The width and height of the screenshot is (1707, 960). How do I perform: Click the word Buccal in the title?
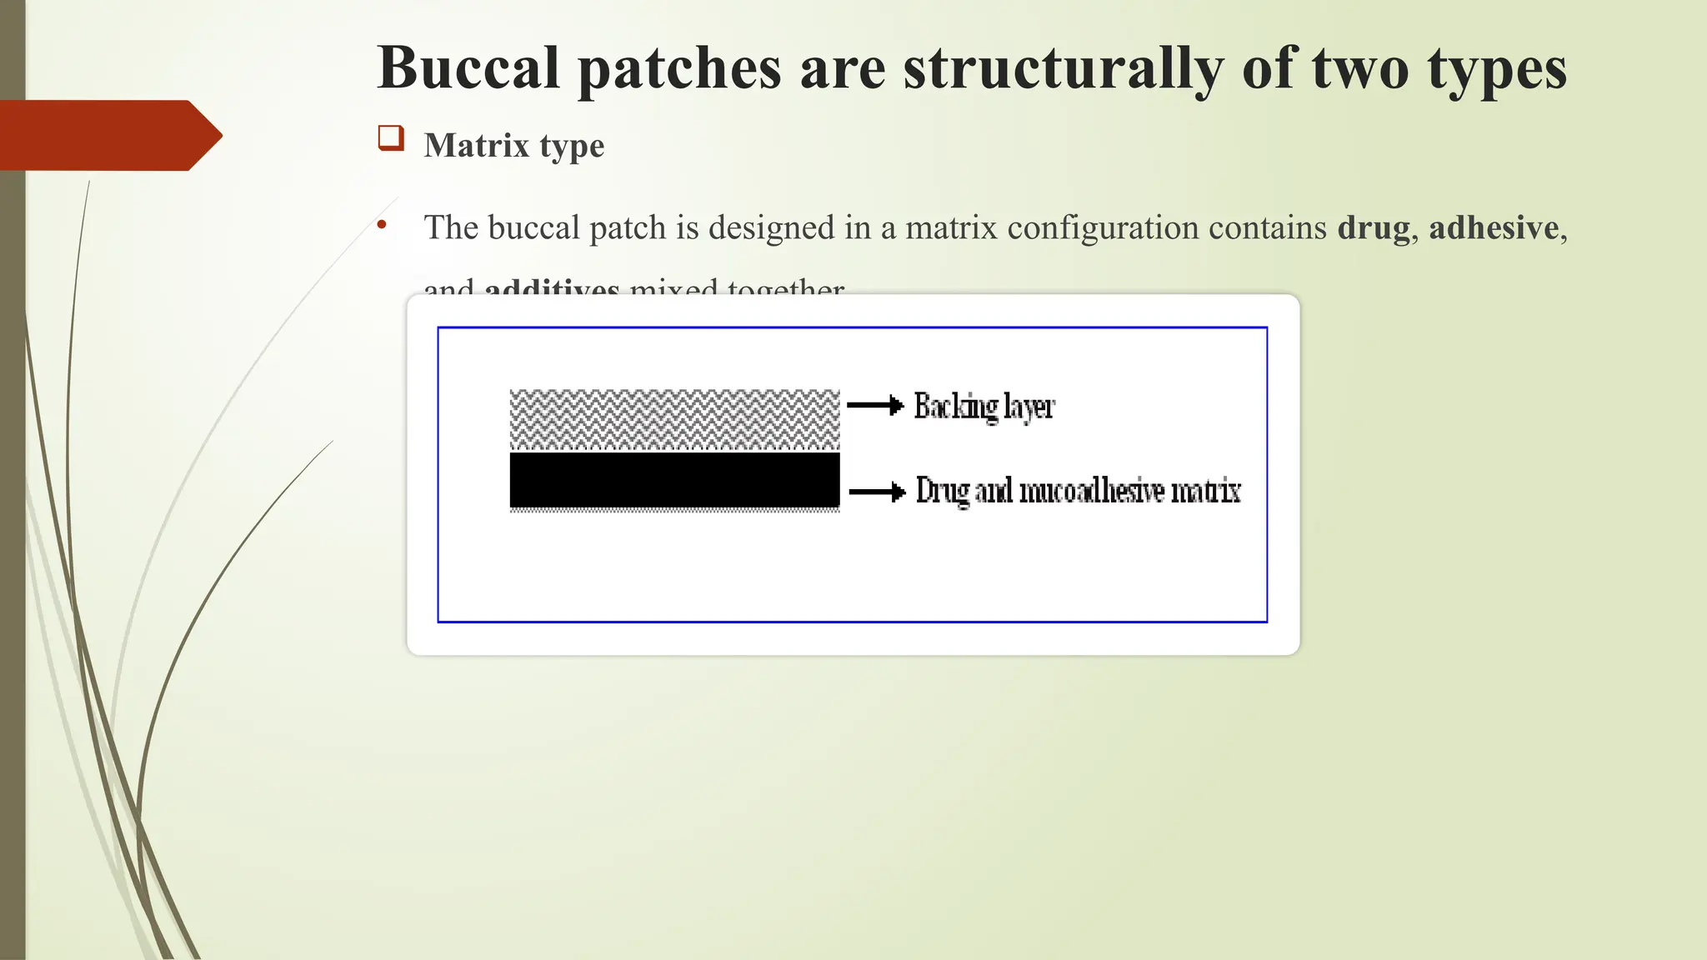pos(468,68)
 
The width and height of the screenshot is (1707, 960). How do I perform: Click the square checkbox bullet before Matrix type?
pos(390,138)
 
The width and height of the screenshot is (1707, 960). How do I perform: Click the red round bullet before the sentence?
pos(382,224)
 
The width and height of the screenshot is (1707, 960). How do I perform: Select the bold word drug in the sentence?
pos(1374,228)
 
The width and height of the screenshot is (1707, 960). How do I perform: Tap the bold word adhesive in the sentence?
pos(1494,228)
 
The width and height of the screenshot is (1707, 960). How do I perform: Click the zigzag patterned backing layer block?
pos(674,419)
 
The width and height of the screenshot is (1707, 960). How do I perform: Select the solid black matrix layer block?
pos(674,480)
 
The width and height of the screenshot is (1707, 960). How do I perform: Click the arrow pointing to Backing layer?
pos(875,406)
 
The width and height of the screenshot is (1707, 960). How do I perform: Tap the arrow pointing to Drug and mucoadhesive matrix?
pos(877,492)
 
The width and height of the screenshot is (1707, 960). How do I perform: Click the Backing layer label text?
pos(984,407)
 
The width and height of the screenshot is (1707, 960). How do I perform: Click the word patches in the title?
pos(679,68)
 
